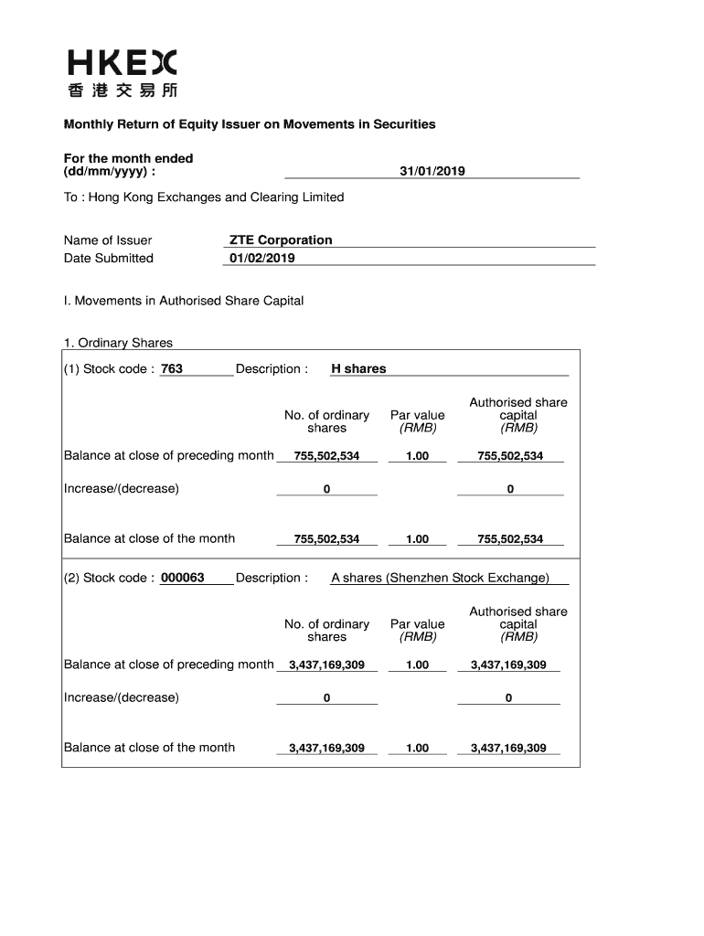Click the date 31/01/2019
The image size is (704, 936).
[x=432, y=171]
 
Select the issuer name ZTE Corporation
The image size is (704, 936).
[x=281, y=240]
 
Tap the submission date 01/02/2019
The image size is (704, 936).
[x=262, y=259]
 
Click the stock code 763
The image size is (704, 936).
[x=172, y=369]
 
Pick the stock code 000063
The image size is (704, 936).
[x=183, y=579]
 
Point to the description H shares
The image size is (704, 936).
[x=358, y=369]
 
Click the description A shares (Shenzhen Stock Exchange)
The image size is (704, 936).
[x=440, y=579]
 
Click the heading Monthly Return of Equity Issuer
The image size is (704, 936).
[x=249, y=124]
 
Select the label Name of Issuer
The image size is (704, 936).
[x=108, y=240]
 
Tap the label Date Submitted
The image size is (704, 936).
[x=109, y=259]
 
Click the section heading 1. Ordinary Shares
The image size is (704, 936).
[x=118, y=344]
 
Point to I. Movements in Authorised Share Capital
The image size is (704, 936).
[x=183, y=301]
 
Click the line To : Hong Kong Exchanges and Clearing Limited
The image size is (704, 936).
[x=204, y=197]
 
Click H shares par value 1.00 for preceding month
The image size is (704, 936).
[x=417, y=456]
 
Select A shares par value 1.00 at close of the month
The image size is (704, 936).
[x=417, y=749]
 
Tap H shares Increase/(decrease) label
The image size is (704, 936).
[x=122, y=488]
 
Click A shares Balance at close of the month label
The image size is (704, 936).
[x=149, y=748]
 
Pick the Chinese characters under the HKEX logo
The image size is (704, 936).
[x=123, y=90]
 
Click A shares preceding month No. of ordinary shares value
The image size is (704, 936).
[x=326, y=665]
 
